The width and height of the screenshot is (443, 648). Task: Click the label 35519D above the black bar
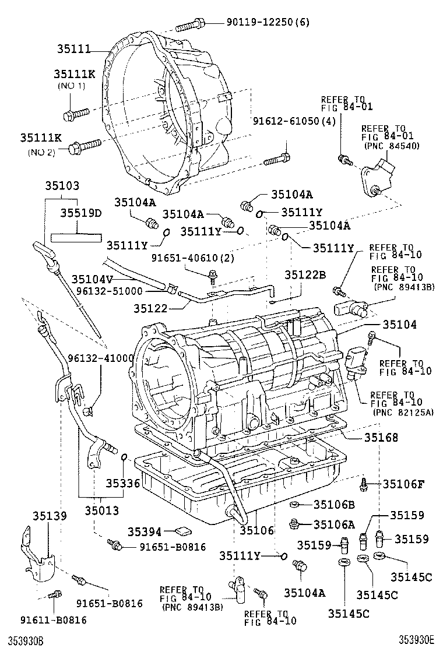pyautogui.click(x=81, y=213)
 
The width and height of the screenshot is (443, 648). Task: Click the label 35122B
pyautogui.click(x=305, y=274)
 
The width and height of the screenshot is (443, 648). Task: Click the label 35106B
pyautogui.click(x=334, y=504)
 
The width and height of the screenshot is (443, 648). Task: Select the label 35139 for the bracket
pyautogui.click(x=50, y=516)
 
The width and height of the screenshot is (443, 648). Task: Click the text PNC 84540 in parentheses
pyautogui.click(x=391, y=146)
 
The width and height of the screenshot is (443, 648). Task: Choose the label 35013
pyautogui.click(x=101, y=510)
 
